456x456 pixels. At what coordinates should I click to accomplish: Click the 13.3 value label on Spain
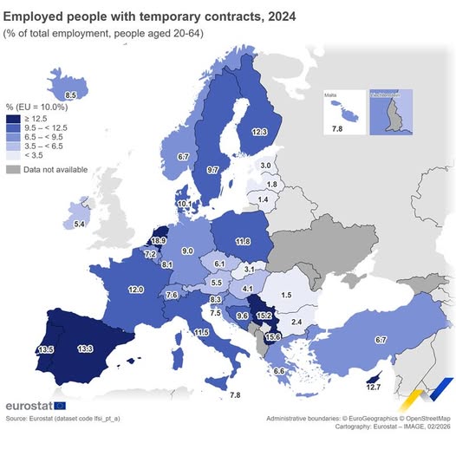coord(86,349)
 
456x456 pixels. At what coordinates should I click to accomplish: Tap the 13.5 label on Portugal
coord(45,350)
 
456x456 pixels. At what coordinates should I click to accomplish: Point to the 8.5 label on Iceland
coord(71,94)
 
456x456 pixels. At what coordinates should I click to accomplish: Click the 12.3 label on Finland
coord(259,132)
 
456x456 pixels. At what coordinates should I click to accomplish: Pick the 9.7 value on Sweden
coord(212,170)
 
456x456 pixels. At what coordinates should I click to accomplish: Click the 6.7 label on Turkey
coord(380,340)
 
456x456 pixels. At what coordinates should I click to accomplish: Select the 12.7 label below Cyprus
coord(373,387)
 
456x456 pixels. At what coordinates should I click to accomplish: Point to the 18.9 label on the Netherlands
coord(158,240)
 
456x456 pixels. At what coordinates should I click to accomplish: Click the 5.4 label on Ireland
coord(79,225)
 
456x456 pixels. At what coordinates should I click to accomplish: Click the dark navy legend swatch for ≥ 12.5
coord(13,119)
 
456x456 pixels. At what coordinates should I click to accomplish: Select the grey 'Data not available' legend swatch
coord(13,169)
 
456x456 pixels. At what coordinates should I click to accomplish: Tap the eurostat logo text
coord(29,405)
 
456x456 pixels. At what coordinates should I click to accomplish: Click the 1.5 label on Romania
coord(310,296)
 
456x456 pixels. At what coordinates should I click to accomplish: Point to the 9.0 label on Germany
coord(186,251)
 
